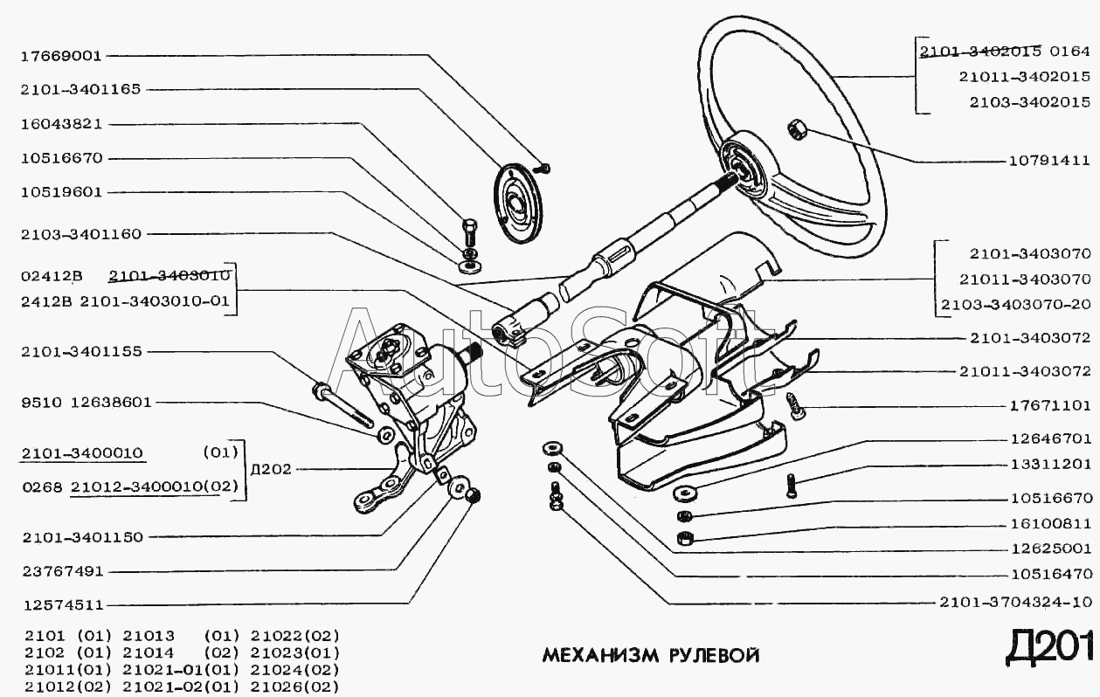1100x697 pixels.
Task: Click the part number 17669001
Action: (61, 55)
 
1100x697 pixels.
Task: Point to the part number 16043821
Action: (61, 124)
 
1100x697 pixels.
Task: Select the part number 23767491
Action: (61, 571)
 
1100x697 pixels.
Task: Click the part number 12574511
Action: (61, 604)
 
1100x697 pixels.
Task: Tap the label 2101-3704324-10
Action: (1015, 603)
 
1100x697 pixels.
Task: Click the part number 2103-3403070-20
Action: (1015, 305)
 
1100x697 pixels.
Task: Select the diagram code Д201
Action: (1049, 648)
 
